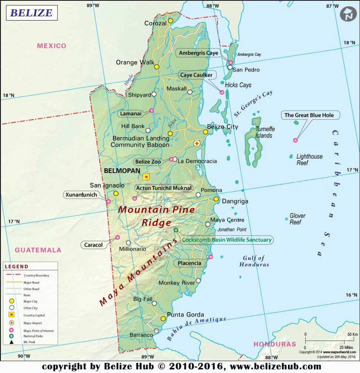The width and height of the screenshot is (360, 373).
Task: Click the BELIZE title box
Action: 31,13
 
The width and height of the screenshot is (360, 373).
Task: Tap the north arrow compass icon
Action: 348,14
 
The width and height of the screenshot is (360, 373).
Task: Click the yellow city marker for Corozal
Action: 171,21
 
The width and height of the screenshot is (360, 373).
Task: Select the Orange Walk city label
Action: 135,62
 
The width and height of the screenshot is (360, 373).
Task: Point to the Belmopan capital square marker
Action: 146,177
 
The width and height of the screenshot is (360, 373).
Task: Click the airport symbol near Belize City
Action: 197,143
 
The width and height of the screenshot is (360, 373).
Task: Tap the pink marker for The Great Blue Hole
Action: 295,140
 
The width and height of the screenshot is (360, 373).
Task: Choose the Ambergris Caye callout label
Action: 198,53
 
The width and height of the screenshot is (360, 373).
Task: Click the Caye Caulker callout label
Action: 196,75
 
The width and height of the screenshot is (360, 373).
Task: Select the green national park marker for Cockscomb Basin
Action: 176,230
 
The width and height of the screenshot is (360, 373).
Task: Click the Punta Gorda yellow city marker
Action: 163,319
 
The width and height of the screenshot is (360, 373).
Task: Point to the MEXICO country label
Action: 52,46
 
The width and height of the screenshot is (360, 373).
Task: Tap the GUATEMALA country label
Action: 38,250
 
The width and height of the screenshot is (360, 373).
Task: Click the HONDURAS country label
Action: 275,344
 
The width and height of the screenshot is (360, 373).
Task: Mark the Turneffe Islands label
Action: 264,132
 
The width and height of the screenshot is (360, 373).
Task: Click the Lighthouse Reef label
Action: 309,159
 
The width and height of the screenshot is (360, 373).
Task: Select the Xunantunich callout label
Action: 81,195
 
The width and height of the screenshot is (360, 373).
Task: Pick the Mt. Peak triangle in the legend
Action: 11,342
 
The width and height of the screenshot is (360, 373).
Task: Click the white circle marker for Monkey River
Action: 198,281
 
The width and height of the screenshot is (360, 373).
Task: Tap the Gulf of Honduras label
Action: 254,261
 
